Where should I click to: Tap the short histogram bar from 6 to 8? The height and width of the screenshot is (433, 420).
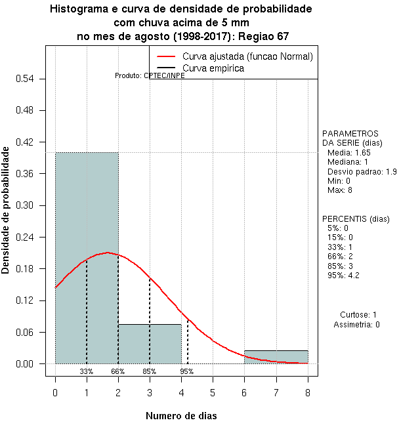276,357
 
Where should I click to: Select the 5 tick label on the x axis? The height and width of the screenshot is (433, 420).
213,392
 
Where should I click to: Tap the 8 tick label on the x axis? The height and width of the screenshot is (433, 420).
307,392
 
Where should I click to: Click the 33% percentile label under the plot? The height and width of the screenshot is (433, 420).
87,371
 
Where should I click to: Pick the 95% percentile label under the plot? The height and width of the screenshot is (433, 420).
187,371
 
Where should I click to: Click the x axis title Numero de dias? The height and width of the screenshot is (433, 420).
181,415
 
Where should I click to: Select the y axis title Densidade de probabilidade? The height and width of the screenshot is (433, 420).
6,210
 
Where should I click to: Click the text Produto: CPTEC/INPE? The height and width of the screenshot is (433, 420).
150,75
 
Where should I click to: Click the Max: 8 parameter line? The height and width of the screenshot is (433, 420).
340,190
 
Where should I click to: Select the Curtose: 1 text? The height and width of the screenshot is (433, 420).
358,315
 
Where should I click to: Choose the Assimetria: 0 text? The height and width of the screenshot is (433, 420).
356,324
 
